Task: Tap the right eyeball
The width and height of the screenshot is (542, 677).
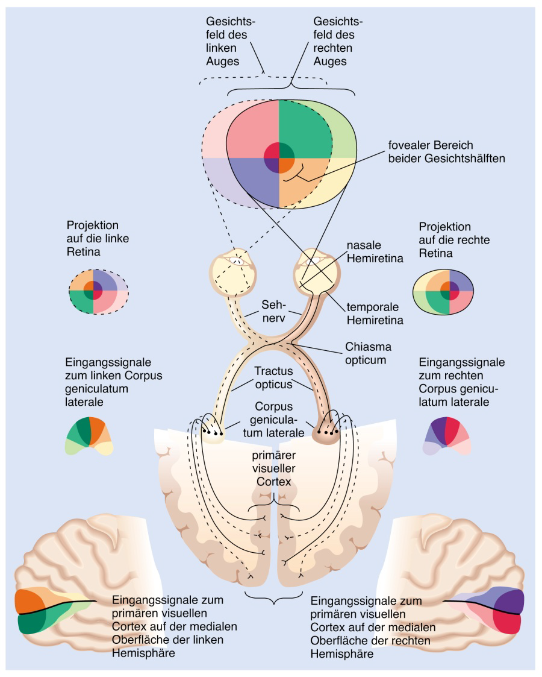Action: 316,270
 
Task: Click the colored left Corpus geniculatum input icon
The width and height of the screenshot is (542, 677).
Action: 89,435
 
